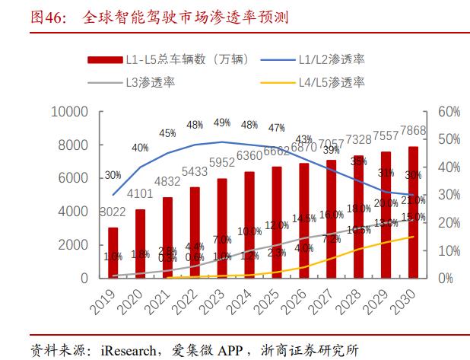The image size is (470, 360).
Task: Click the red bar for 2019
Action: point(113,253)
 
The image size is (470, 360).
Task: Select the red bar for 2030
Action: point(413,212)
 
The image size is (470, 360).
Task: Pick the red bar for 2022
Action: point(195,232)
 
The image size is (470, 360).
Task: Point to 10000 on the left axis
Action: point(71,112)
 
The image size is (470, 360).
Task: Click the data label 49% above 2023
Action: point(222,123)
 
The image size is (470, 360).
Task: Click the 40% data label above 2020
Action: point(140,148)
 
